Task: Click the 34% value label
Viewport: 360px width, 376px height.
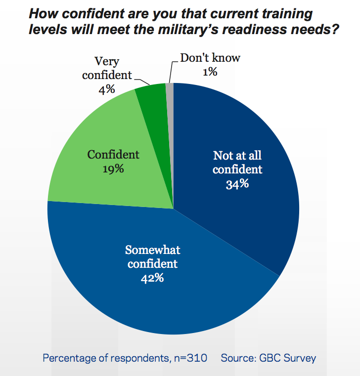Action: [237, 185]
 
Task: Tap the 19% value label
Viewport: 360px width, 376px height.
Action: [113, 168]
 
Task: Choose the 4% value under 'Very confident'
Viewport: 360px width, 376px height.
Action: [107, 89]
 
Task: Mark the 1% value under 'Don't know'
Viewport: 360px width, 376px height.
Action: [210, 72]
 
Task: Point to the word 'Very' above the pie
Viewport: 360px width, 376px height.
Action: [107, 62]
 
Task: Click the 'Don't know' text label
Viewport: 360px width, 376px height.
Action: [210, 58]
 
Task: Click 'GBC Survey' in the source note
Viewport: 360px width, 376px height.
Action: [287, 357]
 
